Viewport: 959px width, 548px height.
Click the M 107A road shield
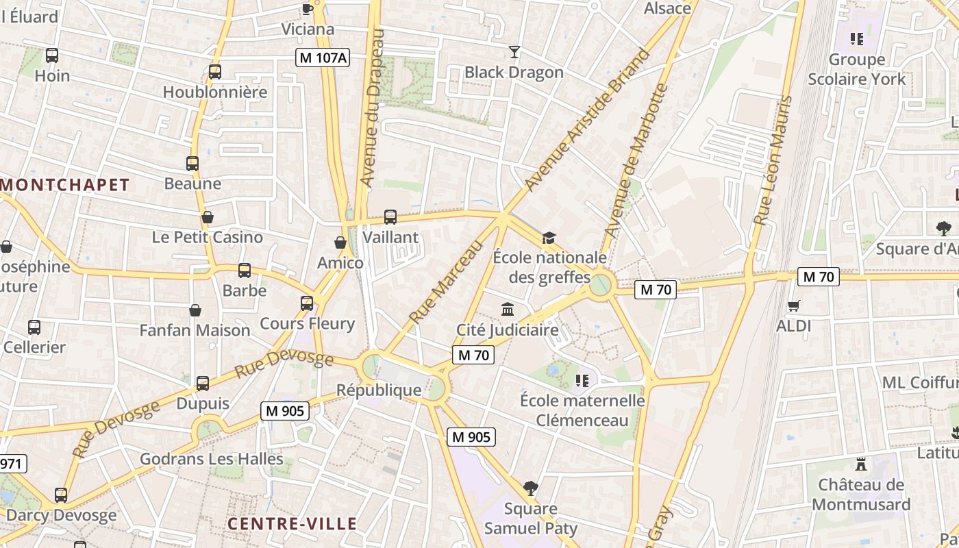(323, 58)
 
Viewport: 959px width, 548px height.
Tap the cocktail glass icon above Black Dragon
(514, 51)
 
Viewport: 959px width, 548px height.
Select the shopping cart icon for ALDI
(794, 306)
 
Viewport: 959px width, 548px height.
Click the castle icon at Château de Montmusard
(861, 464)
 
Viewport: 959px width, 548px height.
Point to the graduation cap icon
(549, 238)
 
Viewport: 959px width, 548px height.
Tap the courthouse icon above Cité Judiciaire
(508, 310)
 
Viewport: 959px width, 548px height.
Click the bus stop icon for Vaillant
(390, 217)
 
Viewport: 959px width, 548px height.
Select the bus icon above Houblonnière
(215, 71)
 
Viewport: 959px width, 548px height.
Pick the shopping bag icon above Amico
(340, 242)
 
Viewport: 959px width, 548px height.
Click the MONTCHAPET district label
(65, 184)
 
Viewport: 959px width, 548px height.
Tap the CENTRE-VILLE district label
(292, 524)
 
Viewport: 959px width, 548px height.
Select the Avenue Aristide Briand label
(586, 120)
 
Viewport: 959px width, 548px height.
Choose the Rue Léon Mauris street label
(772, 161)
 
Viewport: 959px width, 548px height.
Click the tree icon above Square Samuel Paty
(530, 488)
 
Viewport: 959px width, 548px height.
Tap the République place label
(379, 390)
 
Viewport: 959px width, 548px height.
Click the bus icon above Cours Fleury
(307, 303)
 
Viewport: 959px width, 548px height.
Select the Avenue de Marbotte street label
(635, 162)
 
